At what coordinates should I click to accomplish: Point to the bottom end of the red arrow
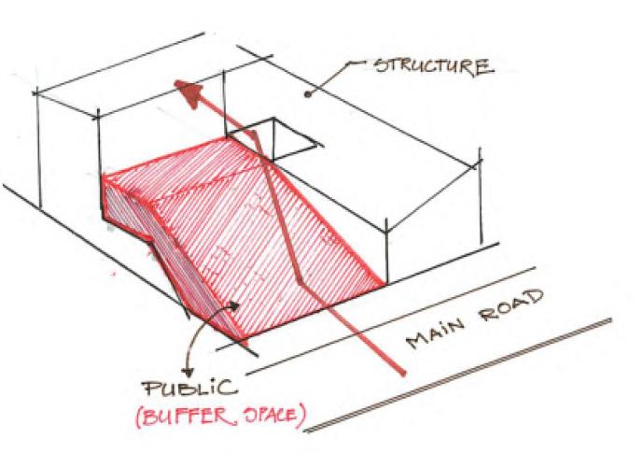[x=404, y=375]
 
